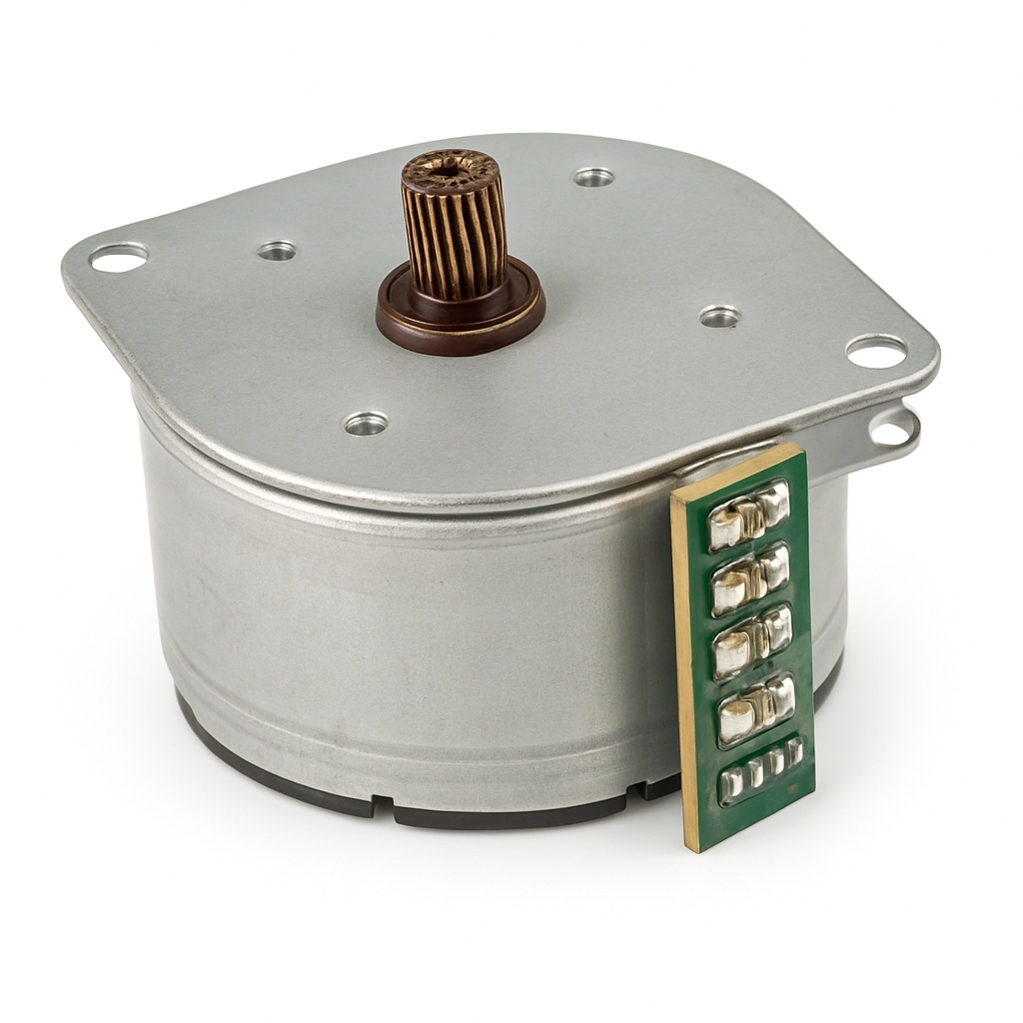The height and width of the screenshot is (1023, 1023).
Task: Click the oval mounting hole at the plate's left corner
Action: click(118, 258)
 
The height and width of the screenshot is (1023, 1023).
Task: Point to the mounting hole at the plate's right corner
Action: click(876, 350)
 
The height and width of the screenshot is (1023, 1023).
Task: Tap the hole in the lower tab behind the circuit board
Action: click(891, 431)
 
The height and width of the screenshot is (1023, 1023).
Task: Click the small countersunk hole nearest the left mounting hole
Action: click(277, 250)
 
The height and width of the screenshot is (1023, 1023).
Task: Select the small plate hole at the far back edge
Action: click(593, 177)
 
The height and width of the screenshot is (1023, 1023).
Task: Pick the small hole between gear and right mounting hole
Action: click(719, 317)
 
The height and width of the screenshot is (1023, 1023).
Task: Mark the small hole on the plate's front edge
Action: click(366, 423)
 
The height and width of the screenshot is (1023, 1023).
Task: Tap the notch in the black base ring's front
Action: click(384, 804)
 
